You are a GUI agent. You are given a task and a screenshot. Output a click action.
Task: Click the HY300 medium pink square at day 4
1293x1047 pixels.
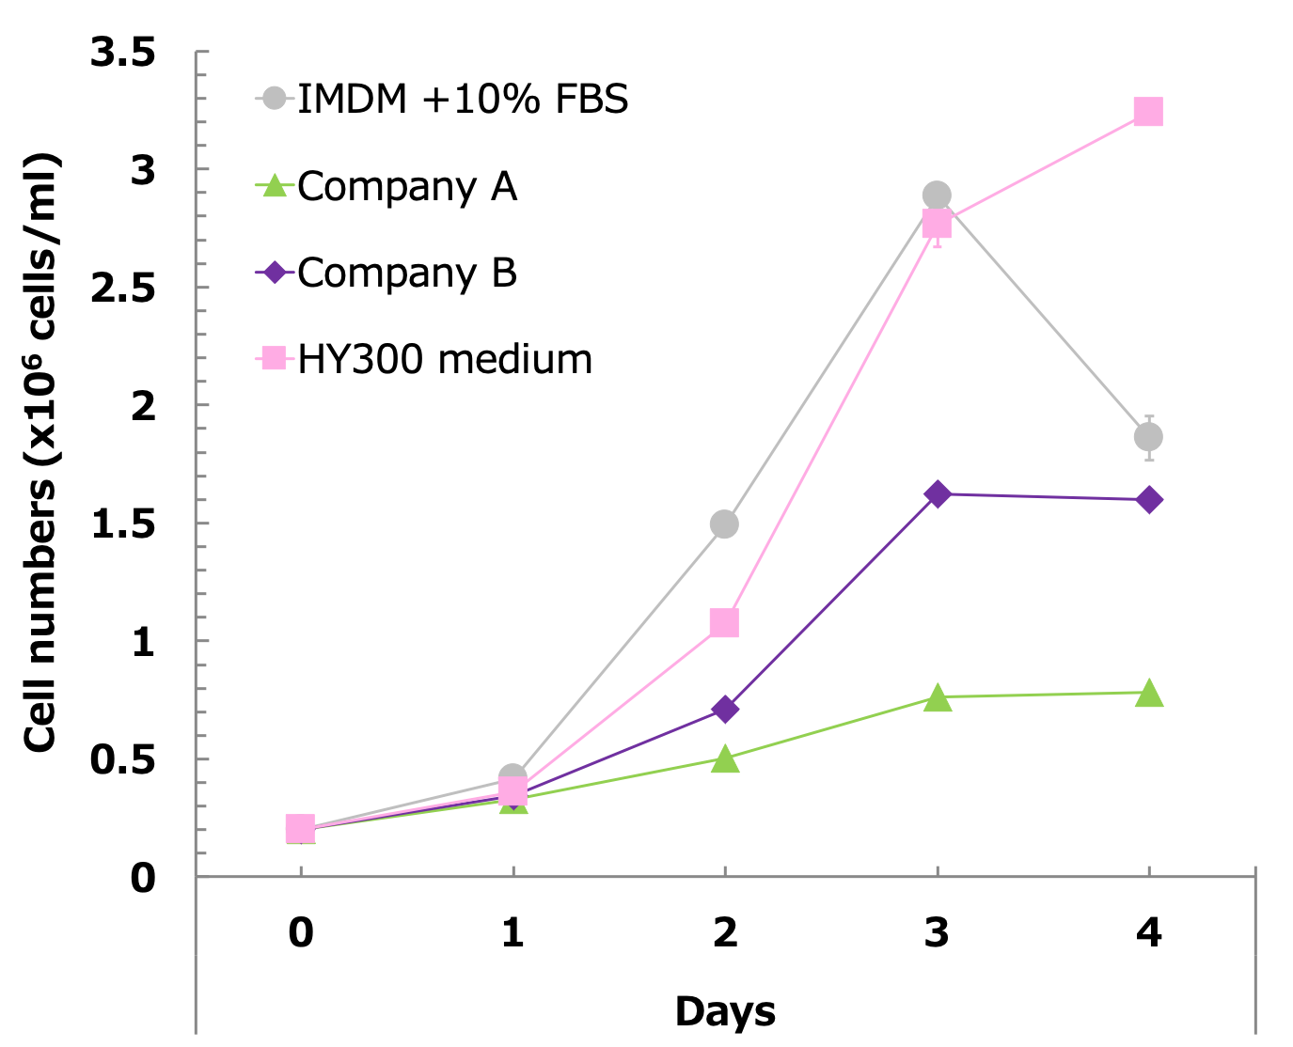[1148, 112]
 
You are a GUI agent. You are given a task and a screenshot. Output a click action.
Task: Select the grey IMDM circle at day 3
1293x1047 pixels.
[937, 195]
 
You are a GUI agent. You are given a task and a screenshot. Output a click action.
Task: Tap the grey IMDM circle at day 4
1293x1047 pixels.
[1148, 437]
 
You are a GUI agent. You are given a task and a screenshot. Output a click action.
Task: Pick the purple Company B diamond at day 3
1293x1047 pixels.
[937, 494]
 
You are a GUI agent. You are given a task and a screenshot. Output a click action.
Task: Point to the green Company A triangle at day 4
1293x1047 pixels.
[1148, 694]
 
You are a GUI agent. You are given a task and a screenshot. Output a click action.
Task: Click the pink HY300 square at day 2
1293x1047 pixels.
[724, 622]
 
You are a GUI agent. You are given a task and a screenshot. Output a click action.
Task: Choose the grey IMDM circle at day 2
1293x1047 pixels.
[724, 523]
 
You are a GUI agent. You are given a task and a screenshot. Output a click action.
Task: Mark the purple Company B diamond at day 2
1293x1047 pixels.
[724, 709]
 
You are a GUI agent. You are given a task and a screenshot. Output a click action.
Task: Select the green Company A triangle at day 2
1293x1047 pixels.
[724, 758]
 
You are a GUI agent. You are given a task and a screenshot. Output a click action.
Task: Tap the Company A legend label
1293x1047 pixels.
[407, 186]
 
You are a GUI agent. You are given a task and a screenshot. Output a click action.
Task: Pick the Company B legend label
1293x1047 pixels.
[407, 273]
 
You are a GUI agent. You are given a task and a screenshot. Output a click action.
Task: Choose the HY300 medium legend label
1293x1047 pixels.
[445, 359]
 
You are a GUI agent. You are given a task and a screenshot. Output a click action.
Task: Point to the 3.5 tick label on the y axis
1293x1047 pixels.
[123, 53]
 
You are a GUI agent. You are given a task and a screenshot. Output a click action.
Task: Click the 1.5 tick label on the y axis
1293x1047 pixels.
[123, 524]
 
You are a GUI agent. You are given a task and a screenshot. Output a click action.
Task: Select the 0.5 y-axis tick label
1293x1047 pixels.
[123, 760]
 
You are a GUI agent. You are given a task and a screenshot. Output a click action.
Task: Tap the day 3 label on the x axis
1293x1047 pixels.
[937, 932]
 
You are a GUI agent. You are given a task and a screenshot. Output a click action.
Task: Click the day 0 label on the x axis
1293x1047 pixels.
[301, 932]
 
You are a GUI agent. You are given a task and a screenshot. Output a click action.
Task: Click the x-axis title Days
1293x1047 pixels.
[725, 1011]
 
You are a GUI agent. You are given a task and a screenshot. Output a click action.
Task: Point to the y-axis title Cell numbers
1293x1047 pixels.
[41, 451]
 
